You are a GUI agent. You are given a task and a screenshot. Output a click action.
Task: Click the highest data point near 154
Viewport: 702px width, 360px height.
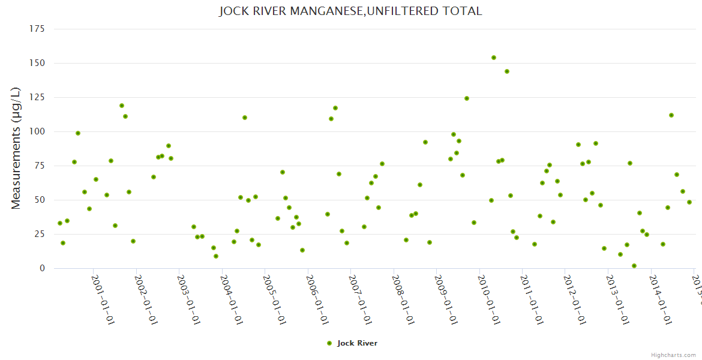pos(494,58)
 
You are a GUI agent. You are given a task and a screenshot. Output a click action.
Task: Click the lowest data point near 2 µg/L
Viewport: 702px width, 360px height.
pos(634,266)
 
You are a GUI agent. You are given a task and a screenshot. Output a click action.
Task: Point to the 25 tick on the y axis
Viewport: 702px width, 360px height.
pos(40,234)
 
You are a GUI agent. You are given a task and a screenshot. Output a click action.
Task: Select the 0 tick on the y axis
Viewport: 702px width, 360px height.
pos(42,268)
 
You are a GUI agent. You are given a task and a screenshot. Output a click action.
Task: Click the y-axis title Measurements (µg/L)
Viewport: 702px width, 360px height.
pos(16,148)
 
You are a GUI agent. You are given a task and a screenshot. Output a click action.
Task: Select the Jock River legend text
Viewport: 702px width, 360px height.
pos(357,343)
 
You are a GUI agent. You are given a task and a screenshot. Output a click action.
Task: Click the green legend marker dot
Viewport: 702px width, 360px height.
pos(329,343)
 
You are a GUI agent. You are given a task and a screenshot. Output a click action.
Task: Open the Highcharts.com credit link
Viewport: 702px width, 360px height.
pos(673,355)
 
